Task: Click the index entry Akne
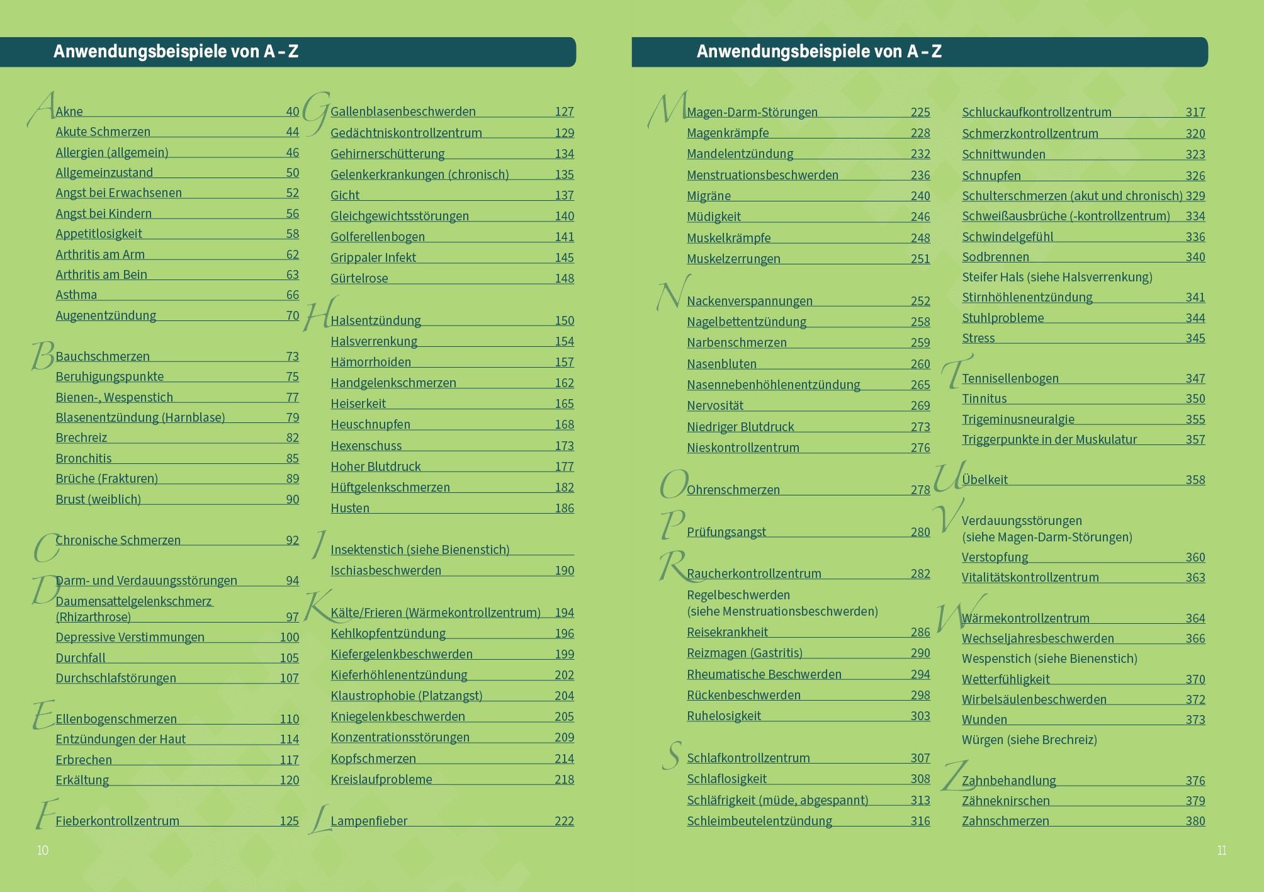pyautogui.click(x=69, y=111)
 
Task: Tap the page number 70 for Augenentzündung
pyautogui.click(x=292, y=315)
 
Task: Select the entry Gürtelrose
pyautogui.click(x=359, y=278)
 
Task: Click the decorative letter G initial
pyautogui.click(x=315, y=112)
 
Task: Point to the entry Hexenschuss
pyautogui.click(x=366, y=446)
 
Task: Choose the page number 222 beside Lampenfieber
pyautogui.click(x=564, y=821)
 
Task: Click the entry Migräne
pyautogui.click(x=709, y=196)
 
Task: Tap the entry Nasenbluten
pyautogui.click(x=721, y=364)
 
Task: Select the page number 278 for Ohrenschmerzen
pyautogui.click(x=920, y=490)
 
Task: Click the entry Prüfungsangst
pyautogui.click(x=726, y=532)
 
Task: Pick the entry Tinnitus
pyautogui.click(x=985, y=398)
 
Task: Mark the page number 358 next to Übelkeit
pyautogui.click(x=1195, y=480)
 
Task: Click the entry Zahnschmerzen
pyautogui.click(x=1005, y=821)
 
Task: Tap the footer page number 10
pyautogui.click(x=43, y=850)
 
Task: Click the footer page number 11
pyautogui.click(x=1222, y=850)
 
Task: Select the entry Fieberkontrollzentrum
pyautogui.click(x=118, y=821)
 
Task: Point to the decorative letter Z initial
pyautogui.click(x=954, y=776)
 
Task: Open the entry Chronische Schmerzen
pyautogui.click(x=118, y=540)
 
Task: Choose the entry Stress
pyautogui.click(x=978, y=338)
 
